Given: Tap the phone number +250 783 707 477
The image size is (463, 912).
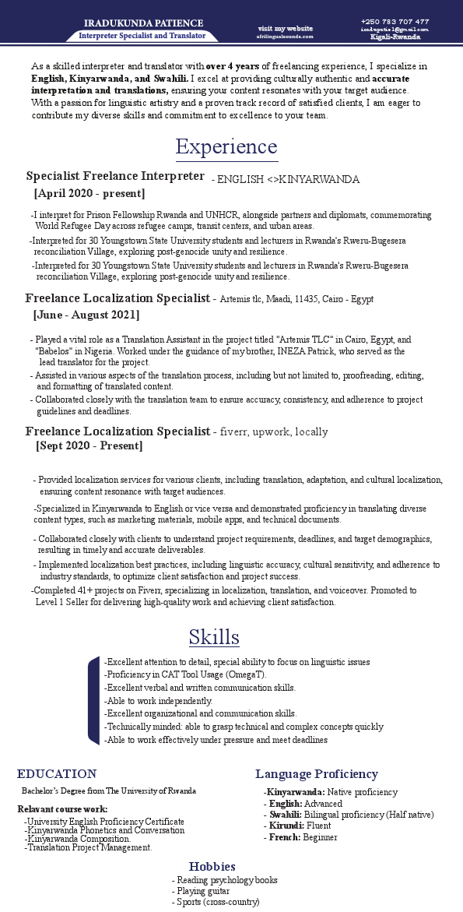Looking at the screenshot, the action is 395,21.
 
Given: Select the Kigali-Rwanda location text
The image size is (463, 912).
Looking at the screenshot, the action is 396,37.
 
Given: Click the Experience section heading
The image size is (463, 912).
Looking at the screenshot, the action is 226,146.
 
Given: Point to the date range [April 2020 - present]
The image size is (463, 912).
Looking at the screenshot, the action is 89,193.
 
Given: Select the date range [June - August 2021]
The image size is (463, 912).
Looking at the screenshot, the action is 86,315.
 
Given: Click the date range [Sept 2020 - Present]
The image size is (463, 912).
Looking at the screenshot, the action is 89,446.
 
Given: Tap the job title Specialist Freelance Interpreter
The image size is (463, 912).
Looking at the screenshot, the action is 115,176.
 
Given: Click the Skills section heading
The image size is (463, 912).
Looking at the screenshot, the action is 214,637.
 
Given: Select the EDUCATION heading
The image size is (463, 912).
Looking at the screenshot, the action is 57,773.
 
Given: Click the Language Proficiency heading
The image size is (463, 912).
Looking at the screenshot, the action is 317,773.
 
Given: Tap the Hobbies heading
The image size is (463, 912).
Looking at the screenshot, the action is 212,866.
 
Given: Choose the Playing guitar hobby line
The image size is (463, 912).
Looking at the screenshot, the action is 201,891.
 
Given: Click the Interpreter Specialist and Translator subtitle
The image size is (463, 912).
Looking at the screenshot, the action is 142,36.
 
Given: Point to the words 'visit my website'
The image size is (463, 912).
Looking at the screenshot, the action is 286,28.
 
